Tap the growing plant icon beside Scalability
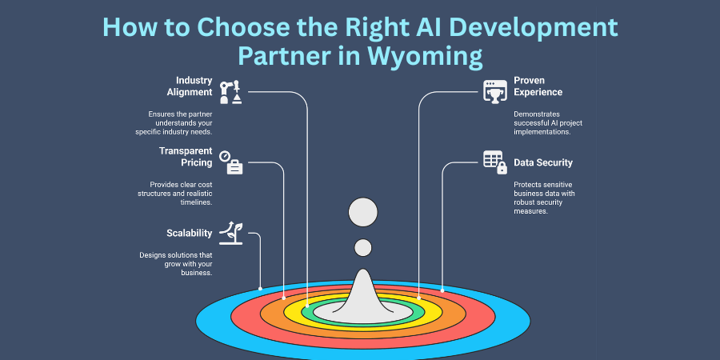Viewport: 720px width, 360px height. pyautogui.click(x=231, y=231)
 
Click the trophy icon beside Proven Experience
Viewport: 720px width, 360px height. pyautogui.click(x=495, y=90)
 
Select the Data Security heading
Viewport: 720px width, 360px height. pyautogui.click(x=543, y=162)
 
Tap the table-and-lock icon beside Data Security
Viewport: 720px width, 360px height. pyautogui.click(x=495, y=162)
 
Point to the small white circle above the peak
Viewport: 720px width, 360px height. pyautogui.click(x=363, y=248)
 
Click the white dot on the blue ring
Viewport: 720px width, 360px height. pyautogui.click(x=261, y=288)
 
